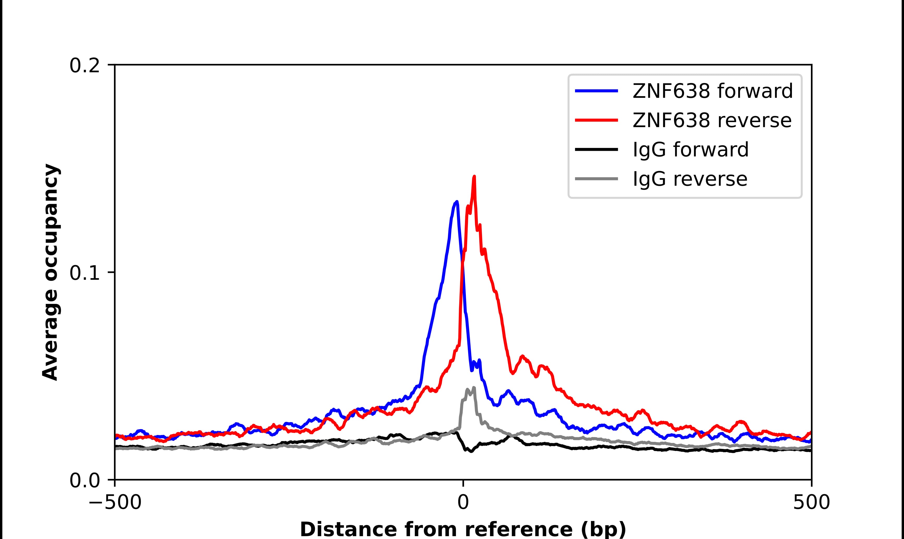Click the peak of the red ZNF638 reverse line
pyautogui.click(x=474, y=177)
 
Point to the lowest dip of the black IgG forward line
pyautogui.click(x=471, y=452)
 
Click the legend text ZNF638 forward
pyautogui.click(x=712, y=91)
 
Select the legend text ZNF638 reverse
pyautogui.click(x=712, y=120)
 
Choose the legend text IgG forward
pyautogui.click(x=691, y=150)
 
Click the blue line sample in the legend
pyautogui.click(x=596, y=91)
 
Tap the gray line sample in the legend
pyautogui.click(x=596, y=179)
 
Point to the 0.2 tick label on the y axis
pyautogui.click(x=84, y=66)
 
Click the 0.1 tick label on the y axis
pyautogui.click(x=84, y=273)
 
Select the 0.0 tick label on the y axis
pyautogui.click(x=84, y=480)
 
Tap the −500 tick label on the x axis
pyautogui.click(x=115, y=503)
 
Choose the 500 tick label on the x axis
pyautogui.click(x=811, y=503)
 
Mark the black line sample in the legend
pyautogui.click(x=596, y=149)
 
